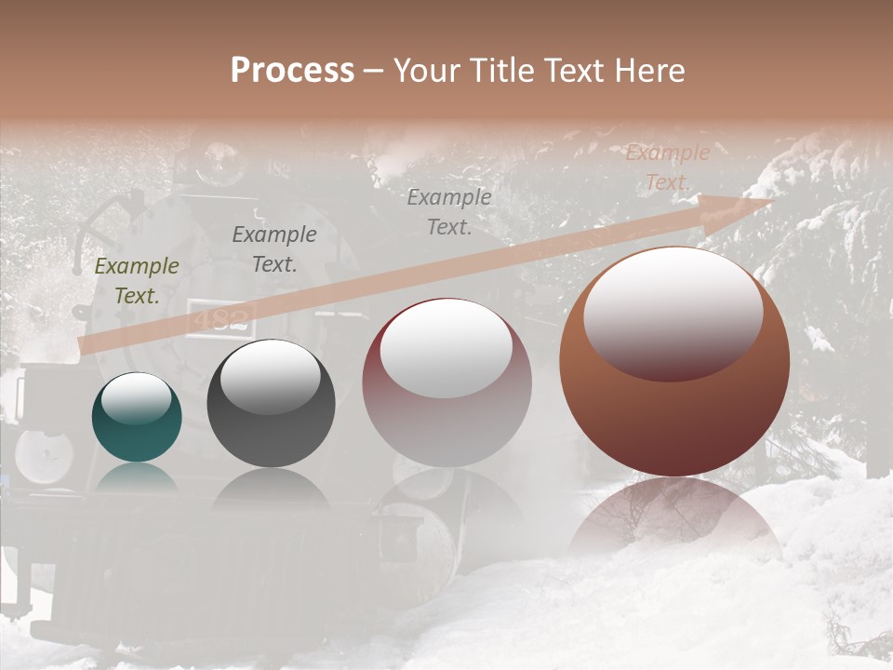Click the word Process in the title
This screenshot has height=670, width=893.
click(x=292, y=70)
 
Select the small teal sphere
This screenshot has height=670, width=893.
click(x=137, y=417)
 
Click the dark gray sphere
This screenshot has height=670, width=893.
click(x=271, y=404)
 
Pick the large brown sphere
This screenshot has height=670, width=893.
click(x=674, y=361)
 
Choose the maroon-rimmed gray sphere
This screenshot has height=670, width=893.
click(x=446, y=382)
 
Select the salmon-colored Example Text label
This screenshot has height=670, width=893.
click(x=667, y=167)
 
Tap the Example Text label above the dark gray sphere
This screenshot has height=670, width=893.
click(x=274, y=249)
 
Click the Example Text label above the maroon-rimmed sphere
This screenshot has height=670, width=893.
click(x=449, y=211)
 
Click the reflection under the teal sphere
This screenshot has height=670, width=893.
click(x=137, y=476)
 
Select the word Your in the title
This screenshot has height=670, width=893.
click(x=426, y=70)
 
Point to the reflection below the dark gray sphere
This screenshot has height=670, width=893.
click(x=271, y=488)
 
